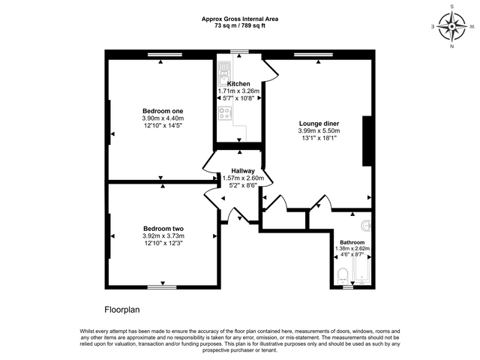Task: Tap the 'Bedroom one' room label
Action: coord(163,110)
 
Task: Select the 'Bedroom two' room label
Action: coord(163,229)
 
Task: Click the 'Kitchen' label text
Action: coord(238,83)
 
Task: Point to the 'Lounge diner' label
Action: coord(319,122)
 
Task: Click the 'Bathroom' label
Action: coord(352,242)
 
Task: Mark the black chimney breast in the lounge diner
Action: coord(367,140)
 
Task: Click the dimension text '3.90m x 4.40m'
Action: coord(163,118)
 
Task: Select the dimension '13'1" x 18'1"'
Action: coord(319,138)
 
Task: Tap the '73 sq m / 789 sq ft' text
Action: coord(239,25)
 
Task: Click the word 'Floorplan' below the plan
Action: coord(122,308)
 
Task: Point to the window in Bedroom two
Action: coord(163,286)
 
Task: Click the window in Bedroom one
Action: coord(163,53)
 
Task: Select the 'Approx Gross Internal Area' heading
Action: coord(239,19)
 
